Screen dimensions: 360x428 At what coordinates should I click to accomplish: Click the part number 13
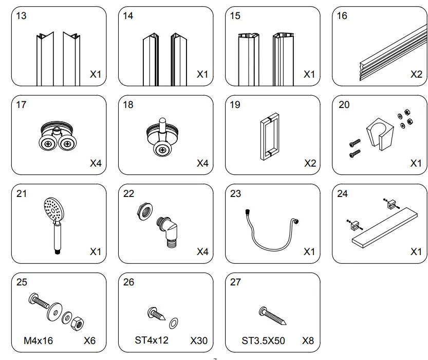(21, 16)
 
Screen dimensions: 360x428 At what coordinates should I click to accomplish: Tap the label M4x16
(39, 340)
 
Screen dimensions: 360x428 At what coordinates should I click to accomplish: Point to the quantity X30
(198, 340)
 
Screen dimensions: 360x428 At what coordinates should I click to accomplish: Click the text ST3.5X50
(263, 340)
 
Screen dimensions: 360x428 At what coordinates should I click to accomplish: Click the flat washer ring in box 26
(174, 322)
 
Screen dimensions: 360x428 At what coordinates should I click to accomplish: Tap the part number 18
(128, 105)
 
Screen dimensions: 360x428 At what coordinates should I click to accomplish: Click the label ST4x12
(151, 340)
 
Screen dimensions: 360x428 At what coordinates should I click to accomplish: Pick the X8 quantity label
(308, 340)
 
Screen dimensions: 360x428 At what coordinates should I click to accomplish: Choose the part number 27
(235, 282)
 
